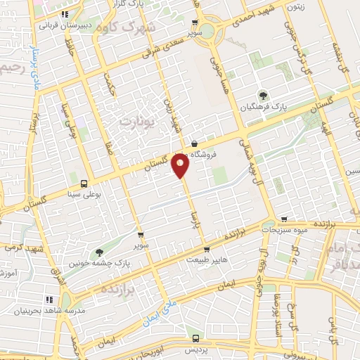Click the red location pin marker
coord(181,167)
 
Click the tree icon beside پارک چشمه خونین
coord(98,252)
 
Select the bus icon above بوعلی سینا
coord(84,184)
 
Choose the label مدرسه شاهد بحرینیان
coord(49,309)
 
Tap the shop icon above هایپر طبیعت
coord(204,250)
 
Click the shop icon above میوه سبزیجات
coord(283,219)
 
